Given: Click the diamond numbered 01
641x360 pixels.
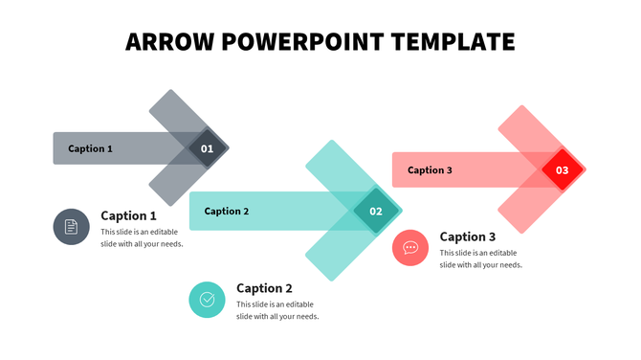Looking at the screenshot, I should pyautogui.click(x=207, y=148).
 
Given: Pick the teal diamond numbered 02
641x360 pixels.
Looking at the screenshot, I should pyautogui.click(x=376, y=212).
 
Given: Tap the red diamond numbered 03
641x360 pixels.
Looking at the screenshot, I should pyautogui.click(x=563, y=170).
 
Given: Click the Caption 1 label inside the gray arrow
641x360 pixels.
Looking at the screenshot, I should pyautogui.click(x=90, y=148).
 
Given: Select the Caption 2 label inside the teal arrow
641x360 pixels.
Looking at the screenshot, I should pyautogui.click(x=227, y=212).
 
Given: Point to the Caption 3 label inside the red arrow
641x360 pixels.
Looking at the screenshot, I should pyautogui.click(x=430, y=170).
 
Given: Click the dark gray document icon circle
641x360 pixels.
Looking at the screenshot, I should pyautogui.click(x=71, y=227).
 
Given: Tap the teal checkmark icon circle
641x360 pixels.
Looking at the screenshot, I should pyautogui.click(x=207, y=300).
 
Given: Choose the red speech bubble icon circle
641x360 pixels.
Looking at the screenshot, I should pyautogui.click(x=410, y=248).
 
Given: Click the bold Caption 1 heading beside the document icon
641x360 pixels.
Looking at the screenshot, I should pyautogui.click(x=128, y=215).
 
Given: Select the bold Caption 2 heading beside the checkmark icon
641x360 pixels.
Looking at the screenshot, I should pyautogui.click(x=264, y=288).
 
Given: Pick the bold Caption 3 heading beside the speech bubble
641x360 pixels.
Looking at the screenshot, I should pyautogui.click(x=468, y=236).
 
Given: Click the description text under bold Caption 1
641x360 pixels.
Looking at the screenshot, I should pyautogui.click(x=142, y=237).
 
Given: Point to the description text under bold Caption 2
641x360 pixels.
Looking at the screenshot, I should pyautogui.click(x=277, y=310).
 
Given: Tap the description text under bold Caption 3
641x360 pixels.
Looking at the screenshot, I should pyautogui.click(x=480, y=259).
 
